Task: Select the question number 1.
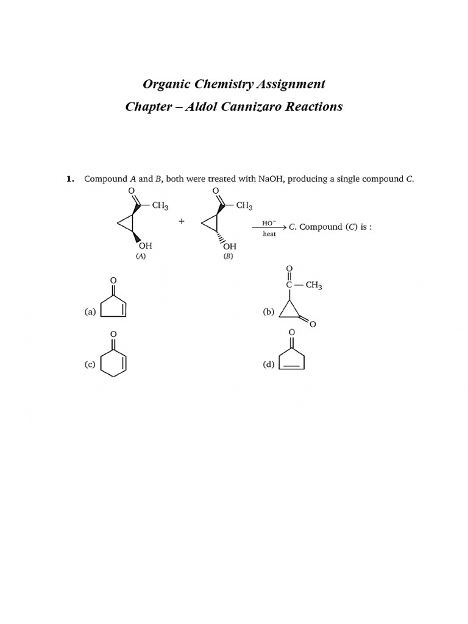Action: tap(69, 179)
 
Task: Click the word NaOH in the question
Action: tap(272, 179)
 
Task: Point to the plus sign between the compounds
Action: tap(182, 221)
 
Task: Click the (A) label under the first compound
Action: tap(141, 257)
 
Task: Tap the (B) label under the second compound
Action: tap(228, 257)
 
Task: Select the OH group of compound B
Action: tap(230, 246)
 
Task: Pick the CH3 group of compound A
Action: tap(160, 206)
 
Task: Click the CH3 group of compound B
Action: tap(244, 206)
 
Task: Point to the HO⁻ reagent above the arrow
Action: tap(269, 222)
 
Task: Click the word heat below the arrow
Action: tap(269, 234)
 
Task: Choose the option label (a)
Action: tap(90, 311)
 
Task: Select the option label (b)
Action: tap(269, 311)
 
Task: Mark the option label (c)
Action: tap(90, 364)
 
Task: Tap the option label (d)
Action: tap(269, 364)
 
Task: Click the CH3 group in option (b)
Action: tap(314, 285)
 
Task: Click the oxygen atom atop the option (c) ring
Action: tap(113, 334)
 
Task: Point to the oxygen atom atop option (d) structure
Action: tap(291, 332)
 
